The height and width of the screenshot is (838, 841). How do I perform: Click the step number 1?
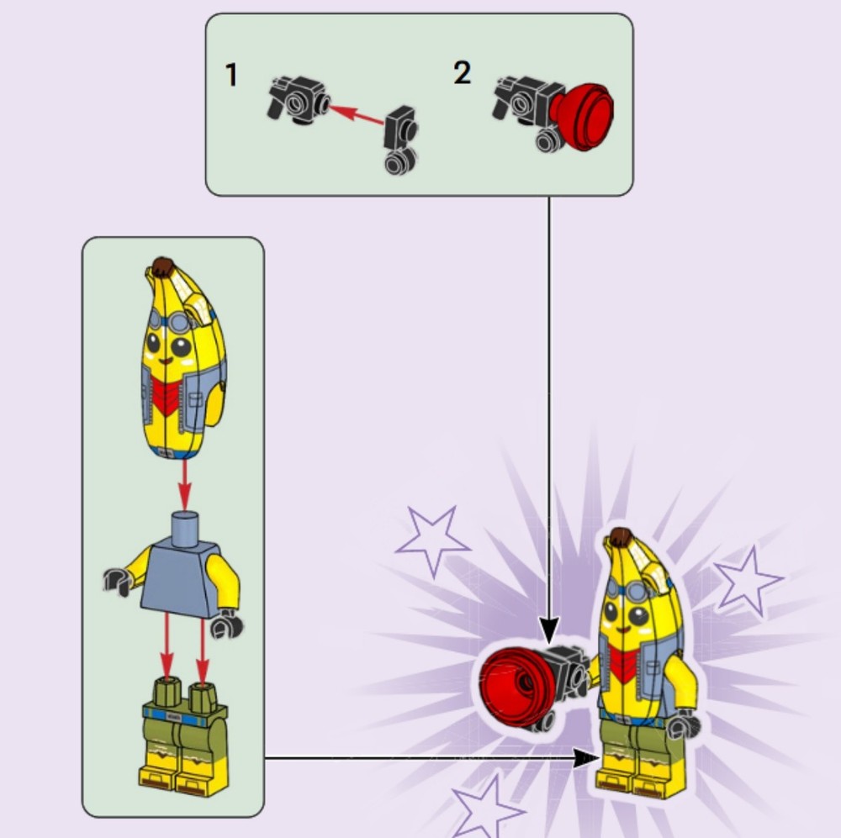pos(231,75)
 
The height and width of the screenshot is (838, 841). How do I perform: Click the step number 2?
pos(462,72)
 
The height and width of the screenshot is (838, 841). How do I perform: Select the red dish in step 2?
pos(582,116)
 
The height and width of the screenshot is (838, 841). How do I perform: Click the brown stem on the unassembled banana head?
pos(162,266)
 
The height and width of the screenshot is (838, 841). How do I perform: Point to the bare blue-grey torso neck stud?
pos(185,529)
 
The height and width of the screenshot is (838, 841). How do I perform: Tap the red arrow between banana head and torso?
pos(184,485)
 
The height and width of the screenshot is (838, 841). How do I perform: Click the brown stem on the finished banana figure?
pos(621,536)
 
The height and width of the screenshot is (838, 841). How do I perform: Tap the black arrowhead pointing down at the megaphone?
pos(548,630)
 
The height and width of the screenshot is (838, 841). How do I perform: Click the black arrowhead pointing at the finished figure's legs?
pos(585,758)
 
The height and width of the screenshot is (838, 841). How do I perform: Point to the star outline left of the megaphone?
pos(432,540)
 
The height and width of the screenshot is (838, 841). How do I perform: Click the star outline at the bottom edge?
pos(485,806)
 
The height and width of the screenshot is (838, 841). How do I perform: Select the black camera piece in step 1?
pos(299,99)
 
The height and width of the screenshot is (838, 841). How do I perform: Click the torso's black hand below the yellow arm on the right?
pos(227,624)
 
